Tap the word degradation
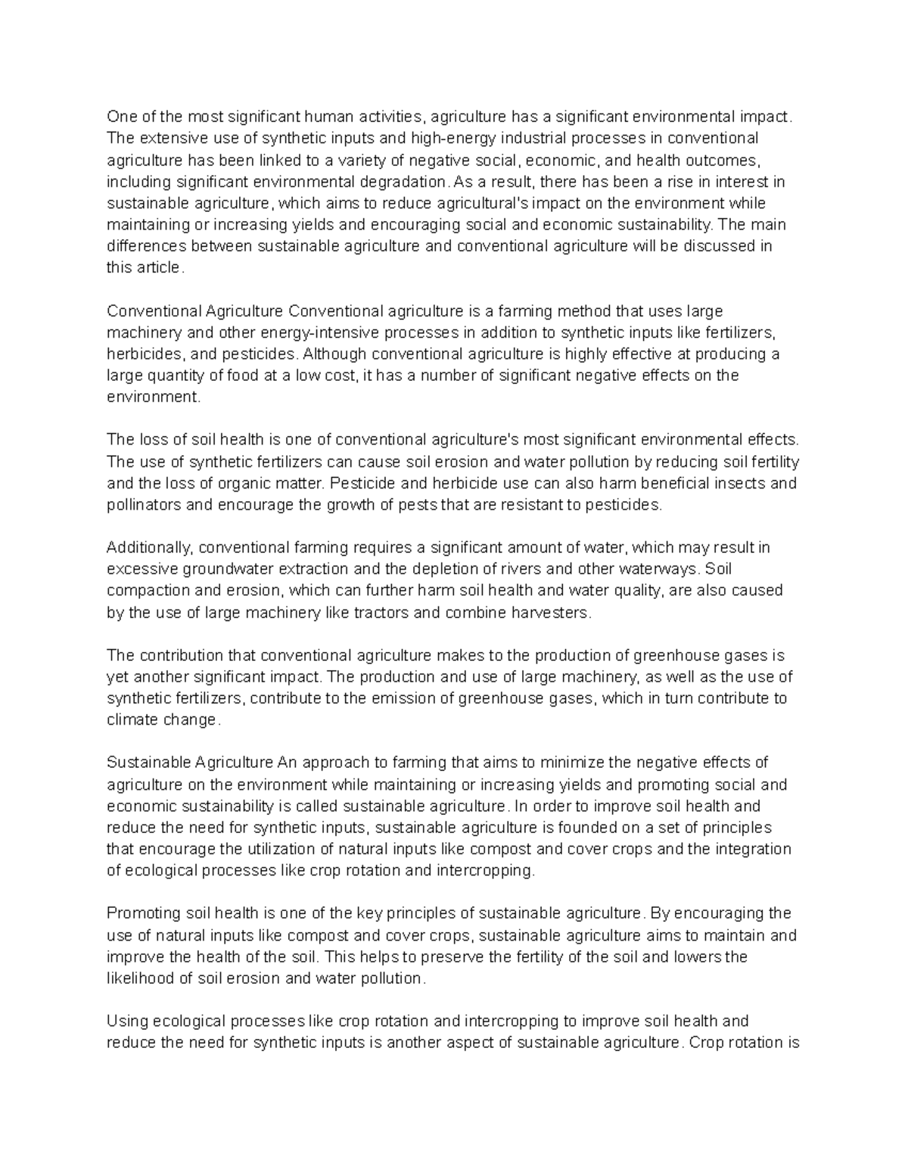(x=406, y=182)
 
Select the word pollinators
(x=144, y=505)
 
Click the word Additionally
(x=148, y=547)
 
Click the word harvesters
(x=549, y=613)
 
